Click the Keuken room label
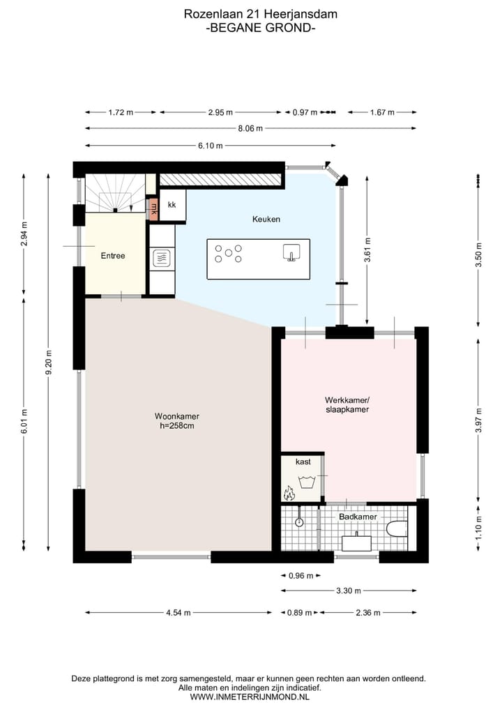(266, 220)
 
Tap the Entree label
(113, 256)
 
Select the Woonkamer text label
(177, 416)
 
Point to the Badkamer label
(358, 517)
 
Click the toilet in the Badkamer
(397, 528)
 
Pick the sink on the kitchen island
(291, 252)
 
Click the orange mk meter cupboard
(154, 209)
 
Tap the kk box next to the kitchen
(172, 205)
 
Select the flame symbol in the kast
(289, 493)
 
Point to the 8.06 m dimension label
(250, 128)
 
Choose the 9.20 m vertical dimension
(49, 363)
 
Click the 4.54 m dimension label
(178, 613)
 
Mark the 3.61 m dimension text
(367, 250)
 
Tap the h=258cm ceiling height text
(177, 425)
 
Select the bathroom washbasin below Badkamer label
(356, 542)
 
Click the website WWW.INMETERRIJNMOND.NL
(250, 696)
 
